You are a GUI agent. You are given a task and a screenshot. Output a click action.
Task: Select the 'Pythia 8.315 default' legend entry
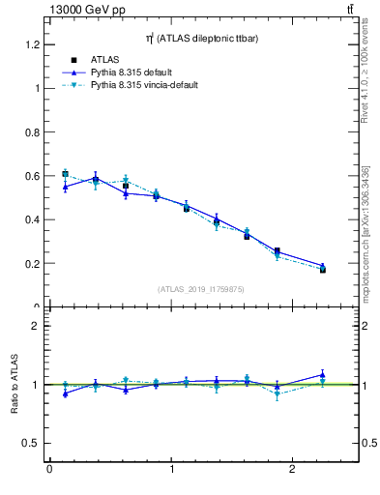(137, 73)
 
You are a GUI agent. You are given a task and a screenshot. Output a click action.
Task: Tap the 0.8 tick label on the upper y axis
(31, 132)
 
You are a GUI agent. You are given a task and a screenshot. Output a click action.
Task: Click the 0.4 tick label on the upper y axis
(31, 219)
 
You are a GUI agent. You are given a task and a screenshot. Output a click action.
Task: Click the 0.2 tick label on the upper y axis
(31, 263)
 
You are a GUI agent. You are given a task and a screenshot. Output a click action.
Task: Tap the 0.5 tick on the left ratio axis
(31, 443)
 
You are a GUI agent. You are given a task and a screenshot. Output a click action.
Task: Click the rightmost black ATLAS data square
(323, 270)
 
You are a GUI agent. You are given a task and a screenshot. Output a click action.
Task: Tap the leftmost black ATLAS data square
(65, 174)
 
